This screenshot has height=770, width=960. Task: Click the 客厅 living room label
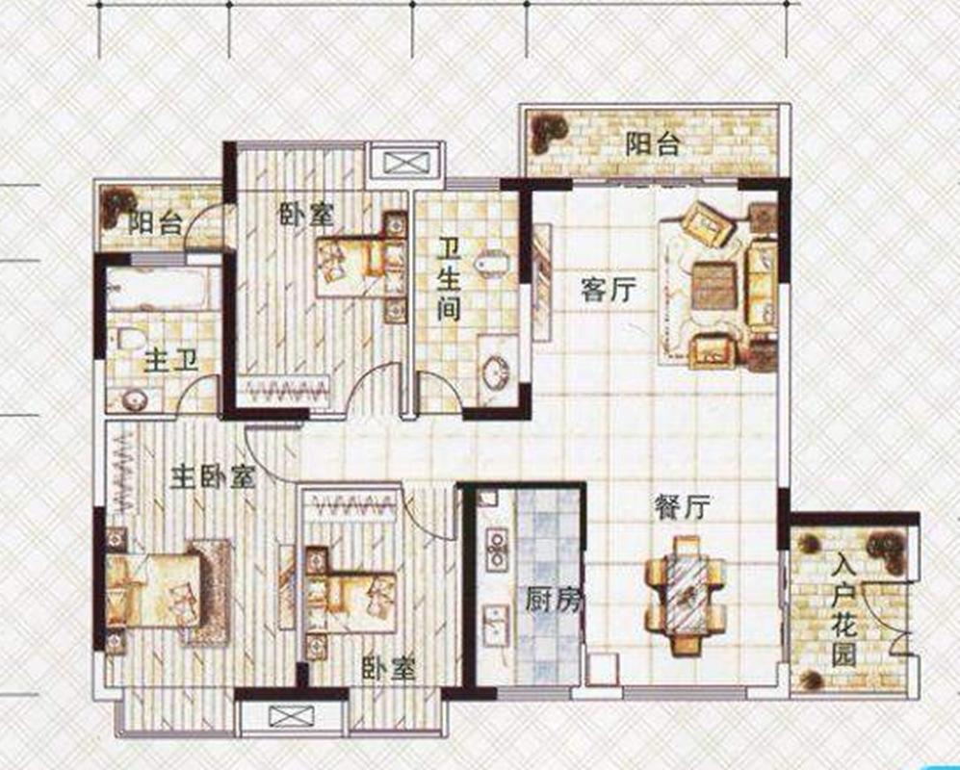coord(609,290)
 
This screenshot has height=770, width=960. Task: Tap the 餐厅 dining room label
coord(682,507)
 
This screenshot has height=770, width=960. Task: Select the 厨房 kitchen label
coord(553,601)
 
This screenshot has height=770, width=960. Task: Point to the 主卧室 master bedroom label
coord(213,476)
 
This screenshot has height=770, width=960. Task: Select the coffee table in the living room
coord(714,286)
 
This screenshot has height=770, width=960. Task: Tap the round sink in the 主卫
coord(134,400)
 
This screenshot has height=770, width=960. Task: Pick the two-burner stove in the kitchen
coord(496,550)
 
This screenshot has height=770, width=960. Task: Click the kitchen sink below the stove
coord(495,626)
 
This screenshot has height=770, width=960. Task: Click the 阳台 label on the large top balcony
coord(653,145)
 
